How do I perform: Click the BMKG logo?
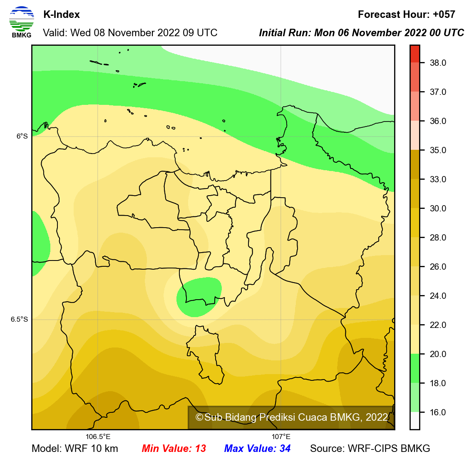click(21, 22)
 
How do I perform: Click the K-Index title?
click(62, 15)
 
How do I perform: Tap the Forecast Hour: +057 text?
click(406, 15)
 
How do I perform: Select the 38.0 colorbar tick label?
click(438, 63)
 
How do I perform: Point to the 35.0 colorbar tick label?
click(438, 150)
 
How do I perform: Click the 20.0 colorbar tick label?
click(438, 354)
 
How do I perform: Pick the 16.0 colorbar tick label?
click(438, 412)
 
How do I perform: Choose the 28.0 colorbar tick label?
click(438, 238)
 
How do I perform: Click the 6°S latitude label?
click(22, 136)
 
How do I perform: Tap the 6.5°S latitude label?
click(19, 319)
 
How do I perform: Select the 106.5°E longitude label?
click(98, 437)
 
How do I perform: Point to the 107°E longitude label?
click(281, 437)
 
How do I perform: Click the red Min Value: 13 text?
click(174, 449)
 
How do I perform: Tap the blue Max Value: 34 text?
click(257, 449)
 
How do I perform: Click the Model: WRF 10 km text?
click(75, 449)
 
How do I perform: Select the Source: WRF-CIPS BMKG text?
click(370, 449)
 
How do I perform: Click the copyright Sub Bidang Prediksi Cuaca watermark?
click(291, 417)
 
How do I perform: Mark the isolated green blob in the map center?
click(199, 297)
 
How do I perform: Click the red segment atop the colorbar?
click(414, 54)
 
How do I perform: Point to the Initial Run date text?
click(361, 33)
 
